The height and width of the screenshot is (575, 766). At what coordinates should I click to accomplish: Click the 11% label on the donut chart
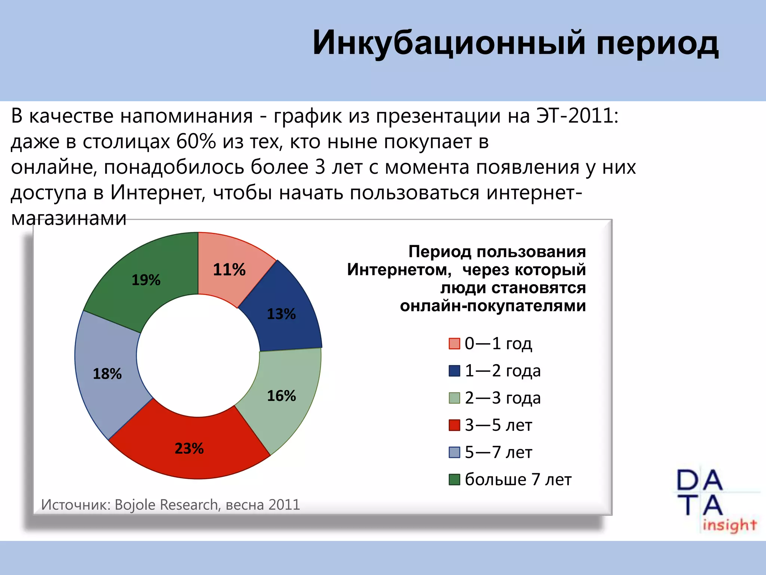pyautogui.click(x=229, y=270)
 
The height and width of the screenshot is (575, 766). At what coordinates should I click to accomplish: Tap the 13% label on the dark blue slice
pyautogui.click(x=281, y=314)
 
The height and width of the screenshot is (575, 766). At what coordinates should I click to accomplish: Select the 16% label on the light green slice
pyautogui.click(x=281, y=396)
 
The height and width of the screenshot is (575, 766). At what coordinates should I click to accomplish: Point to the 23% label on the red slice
pyautogui.click(x=189, y=448)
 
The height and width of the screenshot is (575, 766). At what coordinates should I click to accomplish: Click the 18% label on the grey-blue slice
pyautogui.click(x=107, y=374)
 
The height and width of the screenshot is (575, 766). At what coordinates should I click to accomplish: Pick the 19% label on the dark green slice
pyautogui.click(x=146, y=280)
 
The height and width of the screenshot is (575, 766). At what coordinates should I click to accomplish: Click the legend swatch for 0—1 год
pyautogui.click(x=454, y=343)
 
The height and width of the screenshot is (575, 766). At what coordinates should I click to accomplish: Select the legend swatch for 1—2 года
pyautogui.click(x=454, y=371)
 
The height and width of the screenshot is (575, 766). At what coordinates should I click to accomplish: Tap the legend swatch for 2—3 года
pyautogui.click(x=454, y=398)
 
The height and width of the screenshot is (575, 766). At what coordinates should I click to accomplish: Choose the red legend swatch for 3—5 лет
pyautogui.click(x=454, y=425)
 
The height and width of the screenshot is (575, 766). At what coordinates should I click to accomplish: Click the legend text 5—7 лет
pyautogui.click(x=498, y=452)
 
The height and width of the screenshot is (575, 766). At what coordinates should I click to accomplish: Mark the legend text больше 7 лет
pyautogui.click(x=518, y=480)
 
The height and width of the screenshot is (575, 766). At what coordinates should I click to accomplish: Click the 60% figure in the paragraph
pyautogui.click(x=196, y=142)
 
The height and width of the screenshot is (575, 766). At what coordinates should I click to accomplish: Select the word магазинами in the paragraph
pyautogui.click(x=69, y=218)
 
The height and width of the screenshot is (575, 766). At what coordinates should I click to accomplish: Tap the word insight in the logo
pyautogui.click(x=729, y=525)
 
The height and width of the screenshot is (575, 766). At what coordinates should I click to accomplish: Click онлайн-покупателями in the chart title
pyautogui.click(x=493, y=306)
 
